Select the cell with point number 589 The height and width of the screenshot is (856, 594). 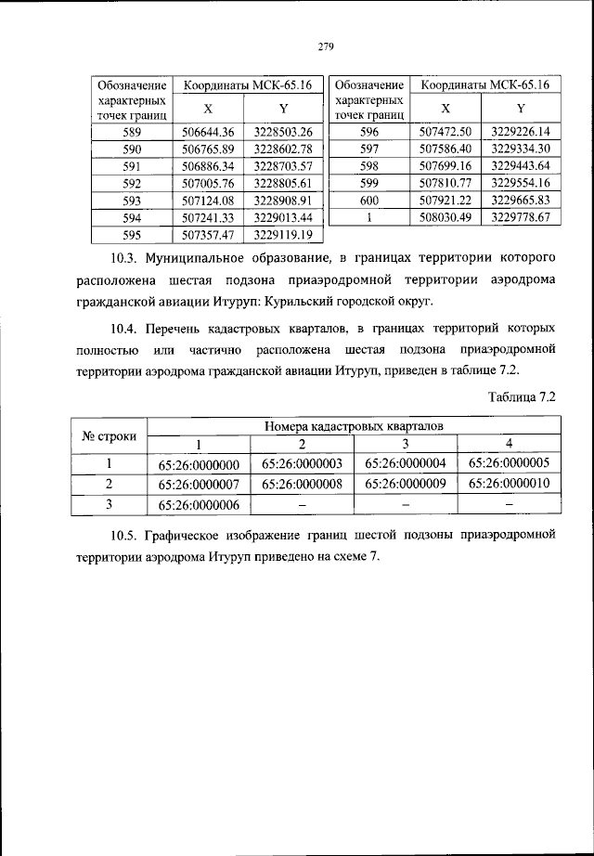click(x=132, y=132)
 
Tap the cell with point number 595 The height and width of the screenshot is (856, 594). click(x=132, y=234)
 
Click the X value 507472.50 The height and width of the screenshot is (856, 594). click(x=446, y=132)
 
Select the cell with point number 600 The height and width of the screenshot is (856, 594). click(x=369, y=200)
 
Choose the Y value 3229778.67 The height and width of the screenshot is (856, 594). click(x=521, y=217)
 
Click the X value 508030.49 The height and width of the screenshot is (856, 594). click(x=446, y=217)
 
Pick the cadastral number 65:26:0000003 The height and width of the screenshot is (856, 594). click(x=303, y=463)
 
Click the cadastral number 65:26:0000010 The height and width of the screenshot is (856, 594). click(x=510, y=484)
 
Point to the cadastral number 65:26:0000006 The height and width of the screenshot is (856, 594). click(x=200, y=505)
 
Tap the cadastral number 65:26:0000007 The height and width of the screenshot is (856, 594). click(x=200, y=484)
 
